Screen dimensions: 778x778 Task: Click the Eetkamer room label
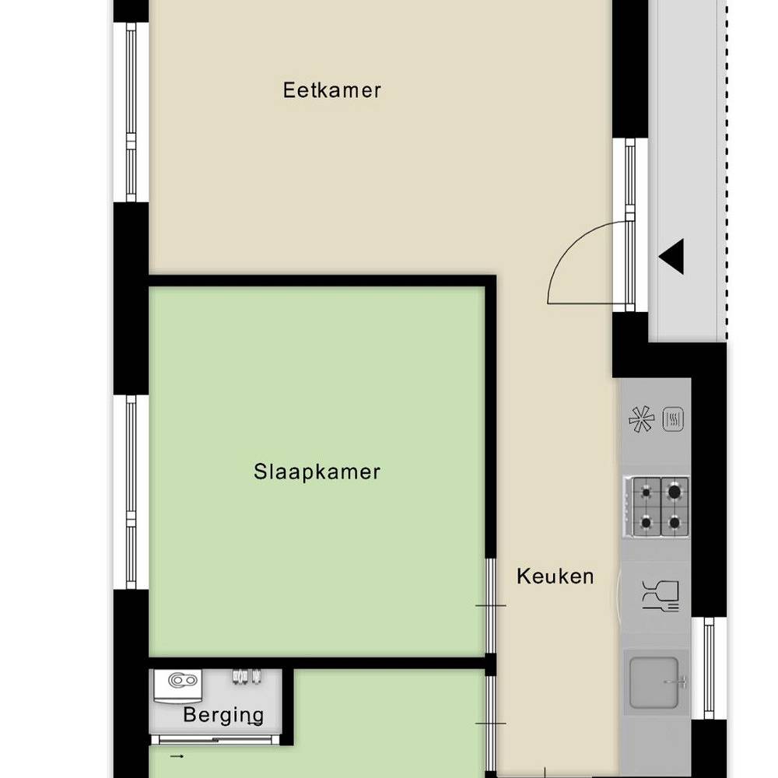(x=332, y=90)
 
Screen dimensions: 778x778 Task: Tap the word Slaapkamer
(x=317, y=471)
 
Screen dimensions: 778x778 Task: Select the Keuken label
(x=555, y=576)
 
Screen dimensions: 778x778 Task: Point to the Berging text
(x=223, y=715)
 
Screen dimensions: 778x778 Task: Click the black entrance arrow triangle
(x=671, y=256)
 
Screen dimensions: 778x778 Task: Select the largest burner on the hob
(x=675, y=492)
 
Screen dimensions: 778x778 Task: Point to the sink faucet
(x=678, y=683)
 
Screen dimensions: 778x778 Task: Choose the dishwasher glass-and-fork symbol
(x=660, y=595)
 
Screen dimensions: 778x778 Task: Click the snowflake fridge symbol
(x=641, y=420)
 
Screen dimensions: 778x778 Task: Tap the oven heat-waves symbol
(x=674, y=420)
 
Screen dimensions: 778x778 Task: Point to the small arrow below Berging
(x=178, y=755)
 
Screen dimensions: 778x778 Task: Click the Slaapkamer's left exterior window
(x=131, y=492)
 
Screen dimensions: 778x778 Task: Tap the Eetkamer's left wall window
(x=131, y=112)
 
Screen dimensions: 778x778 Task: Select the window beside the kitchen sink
(x=708, y=668)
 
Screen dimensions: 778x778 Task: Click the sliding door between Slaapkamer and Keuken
(x=490, y=605)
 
